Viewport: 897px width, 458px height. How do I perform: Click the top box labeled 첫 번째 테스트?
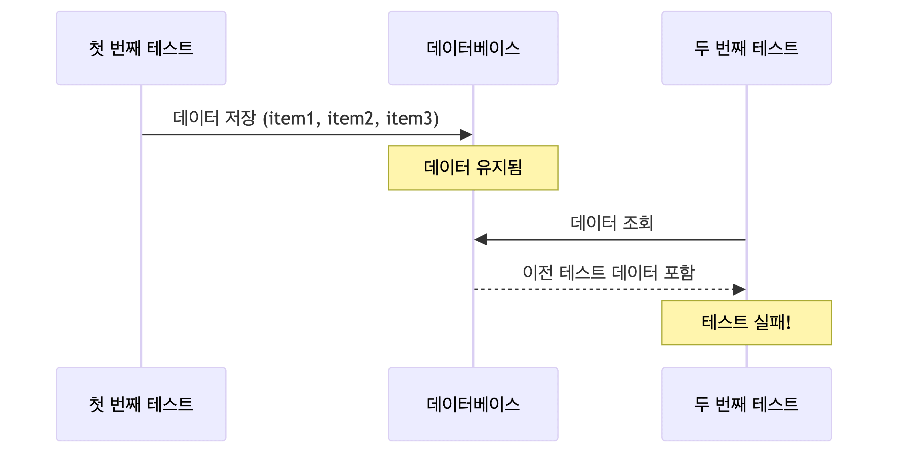[x=141, y=48]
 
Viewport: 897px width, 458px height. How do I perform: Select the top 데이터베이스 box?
[x=473, y=48]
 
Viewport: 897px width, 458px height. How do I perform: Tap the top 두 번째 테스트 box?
[x=746, y=48]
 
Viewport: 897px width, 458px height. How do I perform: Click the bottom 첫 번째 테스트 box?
[x=141, y=404]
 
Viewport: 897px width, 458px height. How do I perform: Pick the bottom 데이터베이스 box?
[x=473, y=404]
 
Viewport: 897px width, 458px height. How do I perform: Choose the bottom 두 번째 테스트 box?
[x=746, y=404]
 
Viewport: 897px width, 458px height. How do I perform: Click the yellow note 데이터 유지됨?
[x=473, y=168]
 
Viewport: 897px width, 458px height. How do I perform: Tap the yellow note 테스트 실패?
[x=746, y=322]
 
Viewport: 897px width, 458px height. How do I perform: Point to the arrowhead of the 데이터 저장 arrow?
[x=467, y=135]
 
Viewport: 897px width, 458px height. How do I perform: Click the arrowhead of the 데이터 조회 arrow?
[x=480, y=240]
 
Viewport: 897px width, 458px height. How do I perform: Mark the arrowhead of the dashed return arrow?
[x=739, y=289]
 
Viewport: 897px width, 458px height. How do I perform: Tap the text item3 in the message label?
[x=409, y=119]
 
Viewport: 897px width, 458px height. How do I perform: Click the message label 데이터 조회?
[x=612, y=223]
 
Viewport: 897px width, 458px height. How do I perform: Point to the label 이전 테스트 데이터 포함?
[x=608, y=273]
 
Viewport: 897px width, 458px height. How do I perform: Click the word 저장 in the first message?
[x=241, y=118]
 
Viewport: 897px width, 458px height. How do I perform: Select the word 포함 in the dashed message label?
[x=679, y=273]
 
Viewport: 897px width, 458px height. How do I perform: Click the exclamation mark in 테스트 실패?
[x=788, y=322]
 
